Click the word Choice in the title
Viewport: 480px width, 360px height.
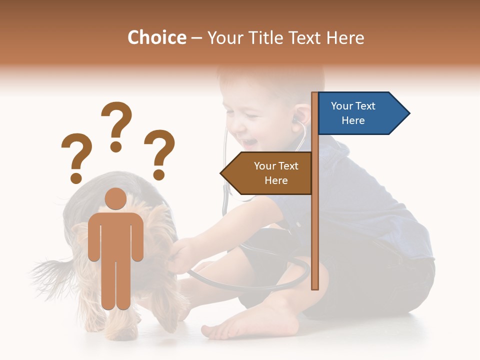156,38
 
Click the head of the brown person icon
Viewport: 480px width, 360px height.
116,199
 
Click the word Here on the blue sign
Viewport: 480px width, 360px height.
353,120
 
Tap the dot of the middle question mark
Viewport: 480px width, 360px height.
116,146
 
